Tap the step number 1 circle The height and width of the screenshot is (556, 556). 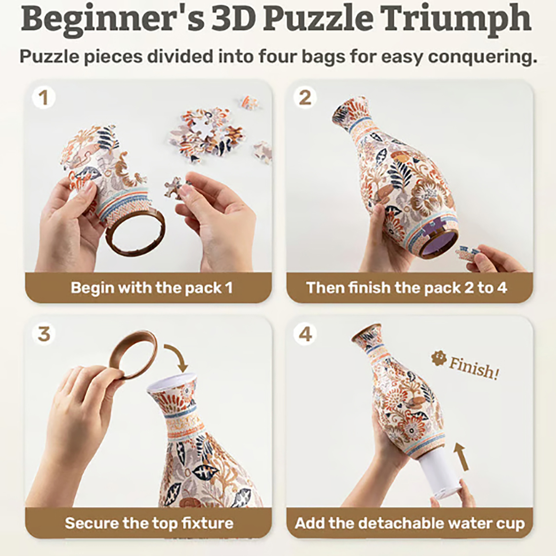pos(43,98)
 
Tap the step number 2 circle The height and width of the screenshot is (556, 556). pos(305,98)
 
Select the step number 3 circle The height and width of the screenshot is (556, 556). pos(43,334)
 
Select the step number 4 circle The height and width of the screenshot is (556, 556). pos(305,334)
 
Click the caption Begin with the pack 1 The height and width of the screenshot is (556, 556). pos(152,288)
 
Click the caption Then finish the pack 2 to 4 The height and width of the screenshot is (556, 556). pos(406,288)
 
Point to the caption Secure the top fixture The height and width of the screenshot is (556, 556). pos(149,523)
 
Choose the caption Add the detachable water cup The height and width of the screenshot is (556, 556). pos(410,523)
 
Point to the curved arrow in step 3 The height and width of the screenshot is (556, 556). pos(181,354)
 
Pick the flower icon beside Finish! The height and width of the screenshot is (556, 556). pos(439,358)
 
